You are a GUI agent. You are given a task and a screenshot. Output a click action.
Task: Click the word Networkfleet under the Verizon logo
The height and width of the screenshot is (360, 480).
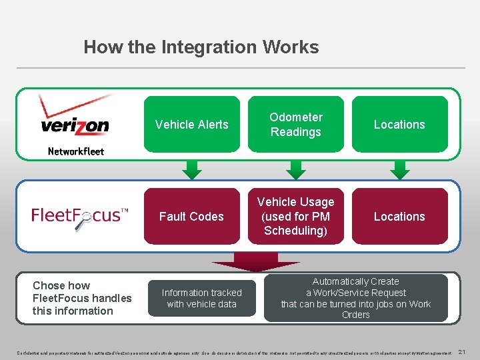coord(76,151)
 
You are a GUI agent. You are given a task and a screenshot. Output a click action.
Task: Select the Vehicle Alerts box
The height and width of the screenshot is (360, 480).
coord(191,125)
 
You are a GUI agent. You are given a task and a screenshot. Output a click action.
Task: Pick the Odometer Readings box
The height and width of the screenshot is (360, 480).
coord(295,125)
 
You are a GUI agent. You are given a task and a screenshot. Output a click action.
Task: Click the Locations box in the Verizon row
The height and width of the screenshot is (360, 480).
coord(399,125)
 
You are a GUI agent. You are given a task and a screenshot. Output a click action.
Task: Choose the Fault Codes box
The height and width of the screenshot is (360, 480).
coord(191,217)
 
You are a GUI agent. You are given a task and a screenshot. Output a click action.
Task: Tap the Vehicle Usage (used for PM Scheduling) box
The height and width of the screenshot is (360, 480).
coord(295,217)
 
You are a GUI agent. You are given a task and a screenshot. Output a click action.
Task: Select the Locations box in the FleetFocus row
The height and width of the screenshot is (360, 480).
coord(399,217)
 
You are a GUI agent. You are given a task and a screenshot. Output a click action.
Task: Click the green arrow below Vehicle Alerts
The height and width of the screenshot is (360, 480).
coord(192,170)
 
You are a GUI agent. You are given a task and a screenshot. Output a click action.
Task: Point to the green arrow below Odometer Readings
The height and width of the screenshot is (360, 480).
coord(295,170)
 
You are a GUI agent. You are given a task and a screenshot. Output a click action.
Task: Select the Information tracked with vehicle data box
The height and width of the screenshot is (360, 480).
coord(202,298)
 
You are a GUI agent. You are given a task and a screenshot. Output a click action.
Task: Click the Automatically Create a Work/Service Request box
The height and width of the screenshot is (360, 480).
coord(355,298)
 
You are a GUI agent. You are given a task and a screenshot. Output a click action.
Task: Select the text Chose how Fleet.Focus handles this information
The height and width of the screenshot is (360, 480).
coord(82,298)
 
